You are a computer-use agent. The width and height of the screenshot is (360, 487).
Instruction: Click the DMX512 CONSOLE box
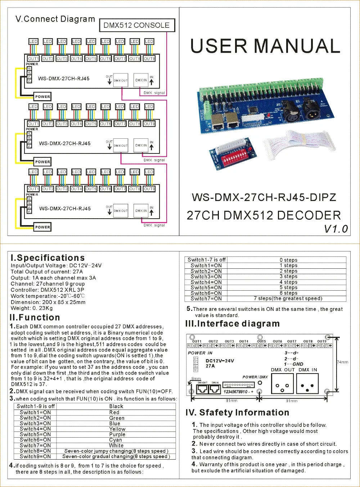(137, 25)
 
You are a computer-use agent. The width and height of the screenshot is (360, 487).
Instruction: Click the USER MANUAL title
(265, 46)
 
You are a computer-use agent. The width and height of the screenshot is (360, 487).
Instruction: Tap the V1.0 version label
(336, 229)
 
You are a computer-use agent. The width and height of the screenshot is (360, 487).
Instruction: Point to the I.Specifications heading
(48, 258)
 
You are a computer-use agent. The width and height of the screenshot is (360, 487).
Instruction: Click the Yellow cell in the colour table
(117, 429)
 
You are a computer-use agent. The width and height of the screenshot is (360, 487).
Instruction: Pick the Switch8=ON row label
(35, 451)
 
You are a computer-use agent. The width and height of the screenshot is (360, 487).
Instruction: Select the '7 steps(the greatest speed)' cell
(288, 298)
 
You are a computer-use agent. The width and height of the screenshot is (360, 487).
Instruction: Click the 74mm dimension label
(343, 362)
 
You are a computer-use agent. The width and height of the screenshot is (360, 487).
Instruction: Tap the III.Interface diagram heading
(233, 323)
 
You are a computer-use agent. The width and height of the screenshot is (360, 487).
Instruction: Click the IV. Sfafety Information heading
(238, 412)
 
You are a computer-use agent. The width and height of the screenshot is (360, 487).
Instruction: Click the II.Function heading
(35, 317)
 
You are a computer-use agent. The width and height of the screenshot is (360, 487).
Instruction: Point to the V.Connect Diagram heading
(55, 19)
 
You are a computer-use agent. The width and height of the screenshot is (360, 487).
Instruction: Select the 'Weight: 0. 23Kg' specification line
(32, 308)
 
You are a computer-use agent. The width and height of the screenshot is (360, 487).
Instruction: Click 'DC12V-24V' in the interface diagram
(220, 361)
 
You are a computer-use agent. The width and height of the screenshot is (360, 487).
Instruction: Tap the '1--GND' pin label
(293, 364)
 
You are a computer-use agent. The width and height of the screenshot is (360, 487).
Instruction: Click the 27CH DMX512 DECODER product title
(264, 215)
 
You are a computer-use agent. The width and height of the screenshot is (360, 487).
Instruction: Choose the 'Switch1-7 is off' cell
(207, 260)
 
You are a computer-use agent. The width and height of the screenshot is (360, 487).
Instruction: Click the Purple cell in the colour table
(117, 434)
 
